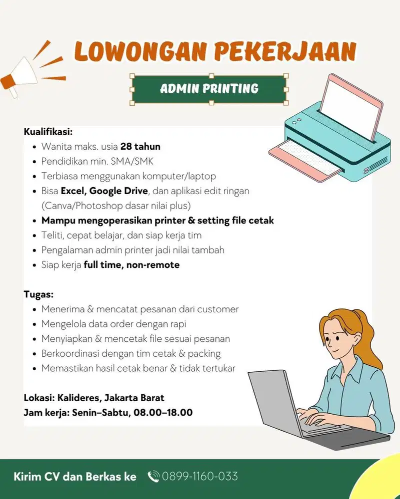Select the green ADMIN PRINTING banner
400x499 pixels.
[x=209, y=89]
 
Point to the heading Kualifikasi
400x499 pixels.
[x=48, y=132]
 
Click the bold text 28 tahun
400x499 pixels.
[x=140, y=147]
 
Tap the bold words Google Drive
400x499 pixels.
[x=119, y=191]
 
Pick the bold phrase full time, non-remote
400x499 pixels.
[x=131, y=265]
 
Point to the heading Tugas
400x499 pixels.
[x=38, y=294]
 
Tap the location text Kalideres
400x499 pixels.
[x=78, y=398]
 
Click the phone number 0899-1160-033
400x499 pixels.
[x=200, y=477]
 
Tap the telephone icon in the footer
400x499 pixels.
[x=153, y=477]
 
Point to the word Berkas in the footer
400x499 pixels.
[x=103, y=477]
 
